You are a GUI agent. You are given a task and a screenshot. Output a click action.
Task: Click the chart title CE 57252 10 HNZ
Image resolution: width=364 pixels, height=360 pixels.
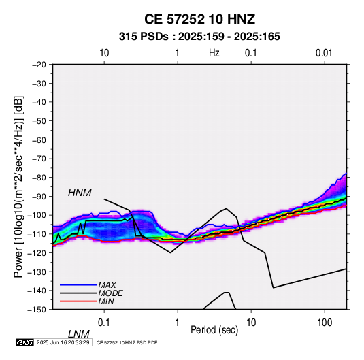point(199,19)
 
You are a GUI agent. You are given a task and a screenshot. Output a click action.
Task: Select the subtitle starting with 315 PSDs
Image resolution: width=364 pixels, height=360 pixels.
point(199,37)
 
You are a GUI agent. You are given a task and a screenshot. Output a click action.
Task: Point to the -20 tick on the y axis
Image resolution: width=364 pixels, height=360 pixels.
point(39,65)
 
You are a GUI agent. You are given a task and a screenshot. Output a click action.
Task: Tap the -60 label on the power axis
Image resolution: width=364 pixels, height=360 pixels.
point(39,140)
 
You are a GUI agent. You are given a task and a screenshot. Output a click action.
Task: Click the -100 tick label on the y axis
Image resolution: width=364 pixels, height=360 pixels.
point(37,215)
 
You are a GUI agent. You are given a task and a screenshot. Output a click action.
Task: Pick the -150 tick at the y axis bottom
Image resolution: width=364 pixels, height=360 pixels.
point(37,310)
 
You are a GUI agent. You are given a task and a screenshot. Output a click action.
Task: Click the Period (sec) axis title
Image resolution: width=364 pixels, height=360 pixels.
point(214,330)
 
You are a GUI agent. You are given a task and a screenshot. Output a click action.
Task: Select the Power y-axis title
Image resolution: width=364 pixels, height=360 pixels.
point(18,187)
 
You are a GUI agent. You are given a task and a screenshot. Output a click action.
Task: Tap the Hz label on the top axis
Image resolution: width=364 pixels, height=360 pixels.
point(214,53)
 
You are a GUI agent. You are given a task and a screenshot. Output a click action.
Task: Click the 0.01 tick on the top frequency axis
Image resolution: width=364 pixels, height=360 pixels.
point(324,53)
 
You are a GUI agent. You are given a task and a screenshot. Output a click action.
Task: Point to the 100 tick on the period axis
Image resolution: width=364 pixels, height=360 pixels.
point(325,323)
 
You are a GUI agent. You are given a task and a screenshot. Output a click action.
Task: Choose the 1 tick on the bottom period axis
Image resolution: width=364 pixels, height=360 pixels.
point(178,323)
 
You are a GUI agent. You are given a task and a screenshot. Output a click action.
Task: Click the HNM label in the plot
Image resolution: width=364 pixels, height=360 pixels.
point(80,193)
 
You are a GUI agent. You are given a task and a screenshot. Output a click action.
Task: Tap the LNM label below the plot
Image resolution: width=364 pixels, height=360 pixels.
point(79,334)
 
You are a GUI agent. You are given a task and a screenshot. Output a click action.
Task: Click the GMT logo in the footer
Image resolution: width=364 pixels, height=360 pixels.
point(25,342)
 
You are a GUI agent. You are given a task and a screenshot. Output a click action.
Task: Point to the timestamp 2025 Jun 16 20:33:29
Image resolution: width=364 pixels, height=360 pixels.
point(63,342)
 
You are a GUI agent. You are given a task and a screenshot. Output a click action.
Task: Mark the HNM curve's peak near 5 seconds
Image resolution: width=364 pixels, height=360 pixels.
point(226,208)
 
